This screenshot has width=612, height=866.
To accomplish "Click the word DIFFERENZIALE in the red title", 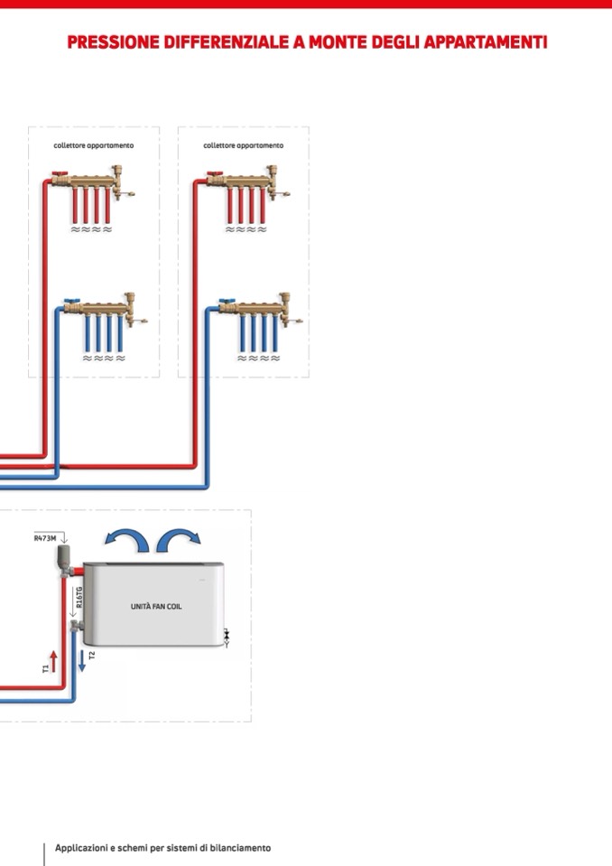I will pyautogui.click(x=228, y=42).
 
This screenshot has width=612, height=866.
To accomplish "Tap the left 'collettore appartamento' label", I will pyautogui.click(x=93, y=145).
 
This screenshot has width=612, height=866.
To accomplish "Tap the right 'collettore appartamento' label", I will pyautogui.click(x=243, y=145).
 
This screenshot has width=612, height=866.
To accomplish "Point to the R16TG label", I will pyautogui.click(x=79, y=599).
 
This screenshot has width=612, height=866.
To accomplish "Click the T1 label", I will pyautogui.click(x=45, y=668).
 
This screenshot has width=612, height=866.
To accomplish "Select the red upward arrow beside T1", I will pyautogui.click(x=53, y=661).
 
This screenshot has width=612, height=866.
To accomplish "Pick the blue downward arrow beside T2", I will pyautogui.click(x=81, y=660).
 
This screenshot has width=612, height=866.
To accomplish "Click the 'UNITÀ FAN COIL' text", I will pyautogui.click(x=155, y=607).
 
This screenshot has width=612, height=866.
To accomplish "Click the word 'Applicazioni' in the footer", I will pyautogui.click(x=81, y=848).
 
